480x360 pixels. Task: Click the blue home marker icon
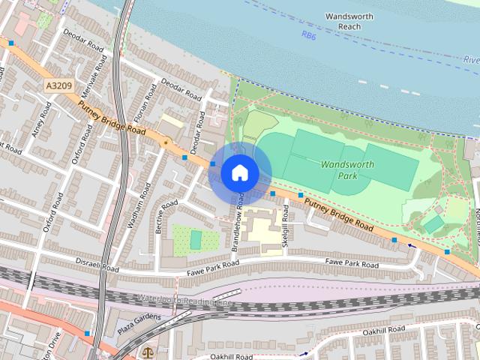click(239, 172)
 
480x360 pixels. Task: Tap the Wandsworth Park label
click(338, 169)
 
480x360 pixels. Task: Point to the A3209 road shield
click(58, 86)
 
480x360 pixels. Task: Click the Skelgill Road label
click(286, 224)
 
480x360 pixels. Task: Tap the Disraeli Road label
click(97, 264)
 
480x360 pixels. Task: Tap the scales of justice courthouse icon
click(146, 352)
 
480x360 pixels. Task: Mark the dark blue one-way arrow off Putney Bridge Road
click(411, 245)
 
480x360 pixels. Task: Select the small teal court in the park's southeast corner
click(433, 223)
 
